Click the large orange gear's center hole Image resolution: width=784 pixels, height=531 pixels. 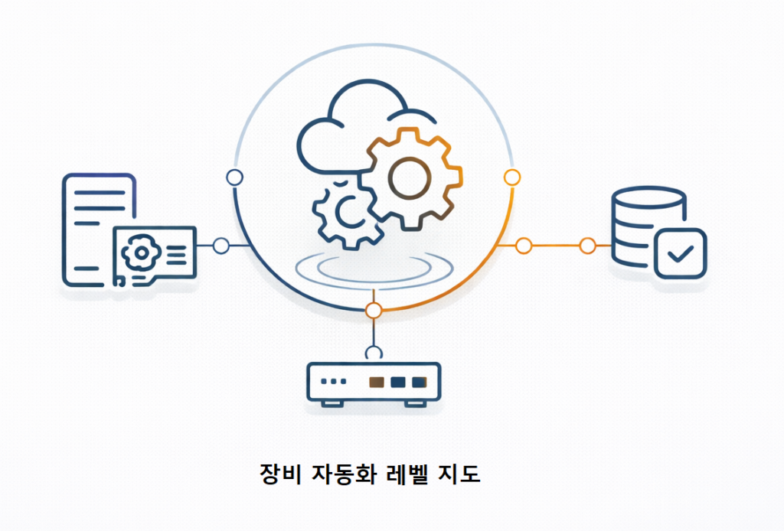[x=410, y=178]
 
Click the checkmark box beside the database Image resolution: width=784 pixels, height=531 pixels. [x=681, y=253]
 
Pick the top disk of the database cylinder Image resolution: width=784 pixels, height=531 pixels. [x=648, y=197]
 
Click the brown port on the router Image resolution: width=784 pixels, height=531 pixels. [x=377, y=382]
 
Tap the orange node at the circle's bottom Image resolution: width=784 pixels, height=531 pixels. [x=374, y=310]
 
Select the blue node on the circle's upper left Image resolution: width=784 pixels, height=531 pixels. [x=234, y=178]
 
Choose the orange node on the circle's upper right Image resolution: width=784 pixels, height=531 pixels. [x=512, y=177]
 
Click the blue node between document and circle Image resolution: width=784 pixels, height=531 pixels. [x=221, y=246]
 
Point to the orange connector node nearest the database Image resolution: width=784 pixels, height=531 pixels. [x=587, y=246]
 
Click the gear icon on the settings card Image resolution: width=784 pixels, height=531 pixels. [x=142, y=252]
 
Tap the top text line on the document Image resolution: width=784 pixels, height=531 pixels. [x=100, y=192]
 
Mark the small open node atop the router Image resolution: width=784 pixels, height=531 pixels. [x=374, y=353]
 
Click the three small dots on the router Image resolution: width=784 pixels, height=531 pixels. [x=334, y=382]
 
